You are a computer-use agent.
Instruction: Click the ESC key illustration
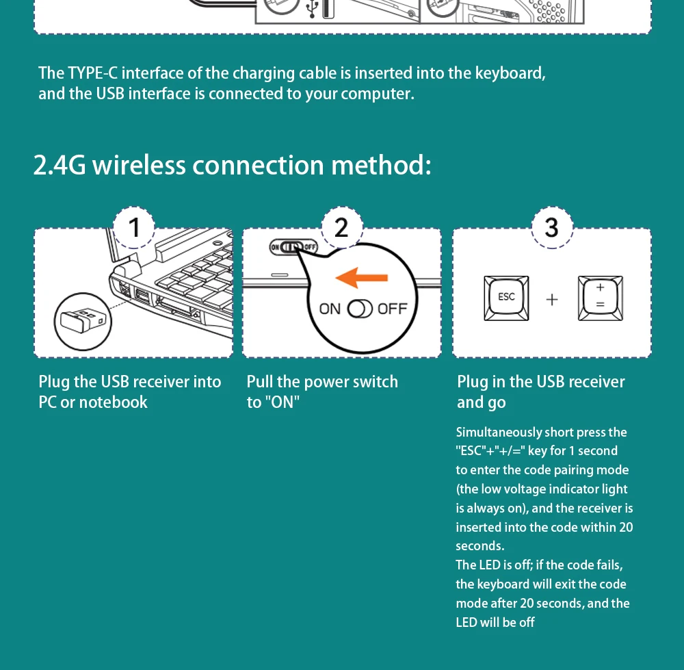(506, 298)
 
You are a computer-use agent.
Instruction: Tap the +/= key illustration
(601, 298)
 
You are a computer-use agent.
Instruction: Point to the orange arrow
(361, 278)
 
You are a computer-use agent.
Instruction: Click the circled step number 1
(134, 227)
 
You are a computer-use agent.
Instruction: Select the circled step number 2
(342, 227)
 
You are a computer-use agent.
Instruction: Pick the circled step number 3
(552, 227)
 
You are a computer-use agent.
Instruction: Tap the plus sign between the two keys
(552, 300)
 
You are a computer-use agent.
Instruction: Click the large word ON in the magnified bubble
(330, 309)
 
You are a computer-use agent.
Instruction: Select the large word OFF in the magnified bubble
(392, 309)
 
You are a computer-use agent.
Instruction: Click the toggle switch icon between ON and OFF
(360, 309)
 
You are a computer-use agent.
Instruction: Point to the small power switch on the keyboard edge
(293, 248)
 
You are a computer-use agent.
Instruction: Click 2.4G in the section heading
(60, 165)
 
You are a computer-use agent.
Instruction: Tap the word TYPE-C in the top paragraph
(92, 73)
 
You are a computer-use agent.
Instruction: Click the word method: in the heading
(381, 165)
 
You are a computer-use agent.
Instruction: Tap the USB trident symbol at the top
(311, 9)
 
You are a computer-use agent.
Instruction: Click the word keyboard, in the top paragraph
(510, 73)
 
